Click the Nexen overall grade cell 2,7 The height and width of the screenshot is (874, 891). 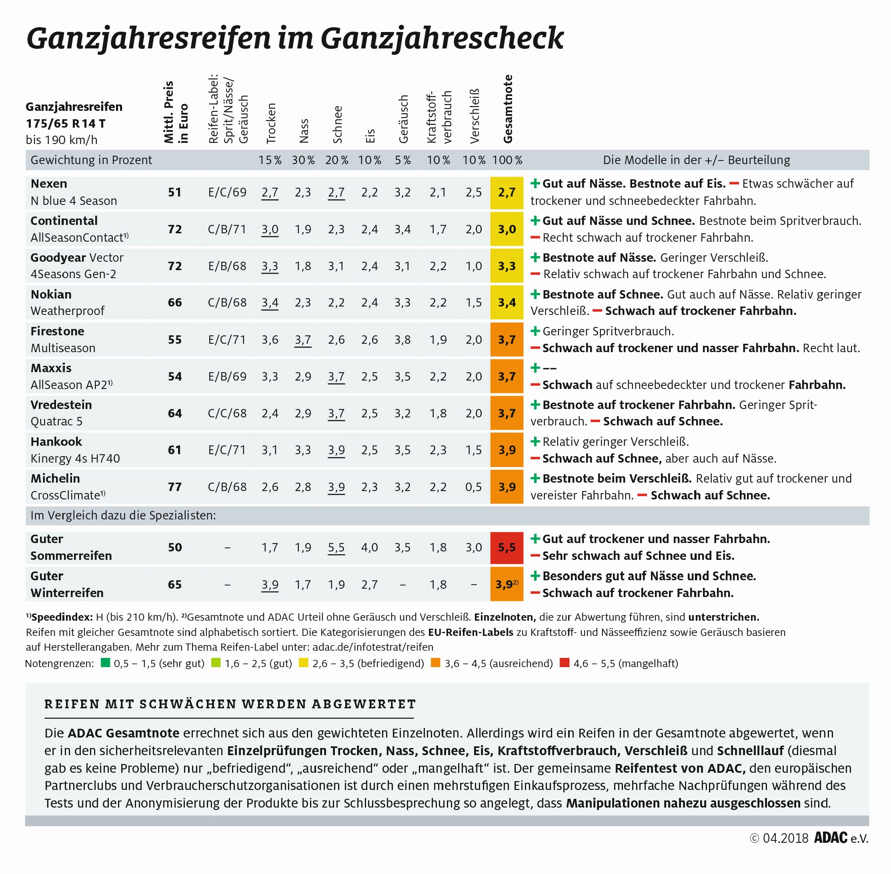[x=507, y=192]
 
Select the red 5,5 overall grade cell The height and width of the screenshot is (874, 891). [x=507, y=547]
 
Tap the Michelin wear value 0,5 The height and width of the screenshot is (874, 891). [x=473, y=487]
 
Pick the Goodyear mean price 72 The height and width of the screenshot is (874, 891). [x=174, y=266]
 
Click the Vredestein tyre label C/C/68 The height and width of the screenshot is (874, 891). [x=227, y=413]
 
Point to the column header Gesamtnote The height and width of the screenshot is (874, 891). [x=508, y=109]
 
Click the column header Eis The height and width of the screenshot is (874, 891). [x=370, y=135]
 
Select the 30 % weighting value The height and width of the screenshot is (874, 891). [x=303, y=160]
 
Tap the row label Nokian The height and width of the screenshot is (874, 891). [x=51, y=294]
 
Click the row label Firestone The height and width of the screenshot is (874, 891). [x=57, y=331]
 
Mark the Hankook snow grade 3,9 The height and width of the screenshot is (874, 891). [x=336, y=450]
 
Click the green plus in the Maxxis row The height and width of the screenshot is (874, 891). [x=535, y=368]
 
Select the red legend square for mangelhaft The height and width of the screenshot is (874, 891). [x=564, y=663]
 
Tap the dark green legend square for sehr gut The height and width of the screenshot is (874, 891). [x=105, y=663]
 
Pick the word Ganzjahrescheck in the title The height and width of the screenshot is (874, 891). [x=442, y=38]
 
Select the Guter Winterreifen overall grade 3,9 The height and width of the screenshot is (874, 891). [x=505, y=584]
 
